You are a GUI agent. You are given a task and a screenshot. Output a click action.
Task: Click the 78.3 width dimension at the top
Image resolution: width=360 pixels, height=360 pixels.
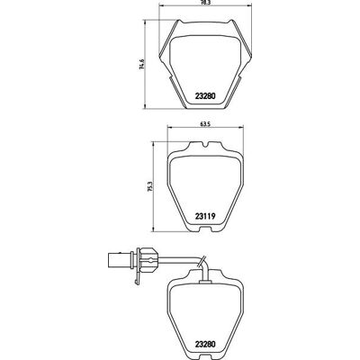[x=205, y=2]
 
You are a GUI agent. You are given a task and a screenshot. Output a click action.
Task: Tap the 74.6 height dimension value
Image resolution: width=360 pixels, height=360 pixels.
[x=142, y=65]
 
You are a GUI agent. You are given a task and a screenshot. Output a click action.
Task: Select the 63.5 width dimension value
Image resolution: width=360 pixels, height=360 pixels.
[x=205, y=123]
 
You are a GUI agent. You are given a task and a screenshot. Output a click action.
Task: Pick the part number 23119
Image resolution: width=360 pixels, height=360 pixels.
[x=205, y=216]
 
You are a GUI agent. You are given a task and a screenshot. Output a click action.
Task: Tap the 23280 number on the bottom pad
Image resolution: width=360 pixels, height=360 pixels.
[x=205, y=345]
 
